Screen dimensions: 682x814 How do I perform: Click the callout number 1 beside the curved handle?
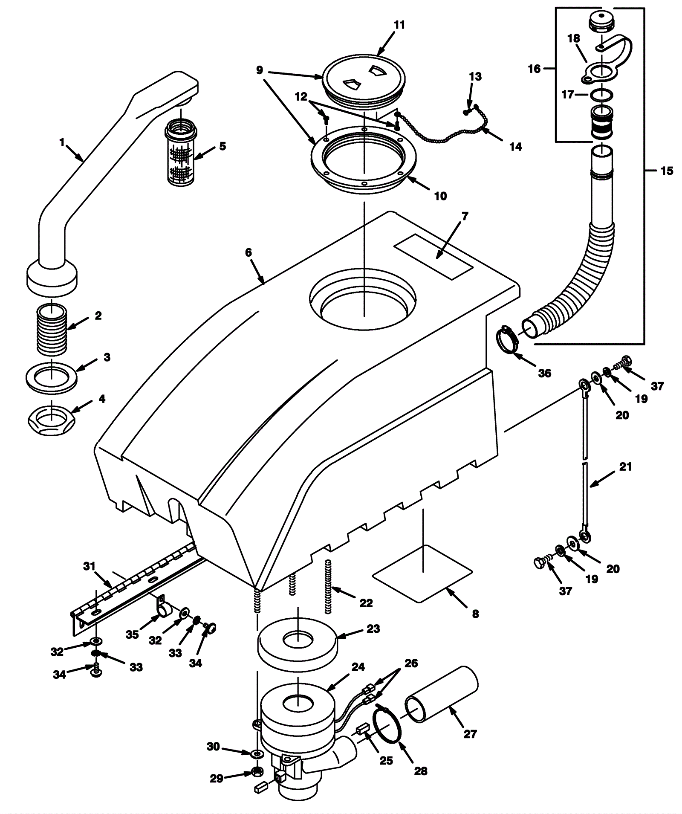coord(63,142)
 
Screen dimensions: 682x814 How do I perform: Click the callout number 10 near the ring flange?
coord(440,196)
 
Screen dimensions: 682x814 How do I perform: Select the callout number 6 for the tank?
coord(249,252)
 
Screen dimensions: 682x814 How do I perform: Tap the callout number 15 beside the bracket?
coord(667,171)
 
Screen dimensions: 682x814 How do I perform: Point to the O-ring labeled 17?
coord(601,95)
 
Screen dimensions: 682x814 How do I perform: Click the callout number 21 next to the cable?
coord(625,467)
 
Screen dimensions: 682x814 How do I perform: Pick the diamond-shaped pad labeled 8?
coord(422,574)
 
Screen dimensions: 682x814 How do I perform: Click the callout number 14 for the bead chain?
coord(515,147)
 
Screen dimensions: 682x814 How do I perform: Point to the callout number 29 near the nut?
coord(217,779)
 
